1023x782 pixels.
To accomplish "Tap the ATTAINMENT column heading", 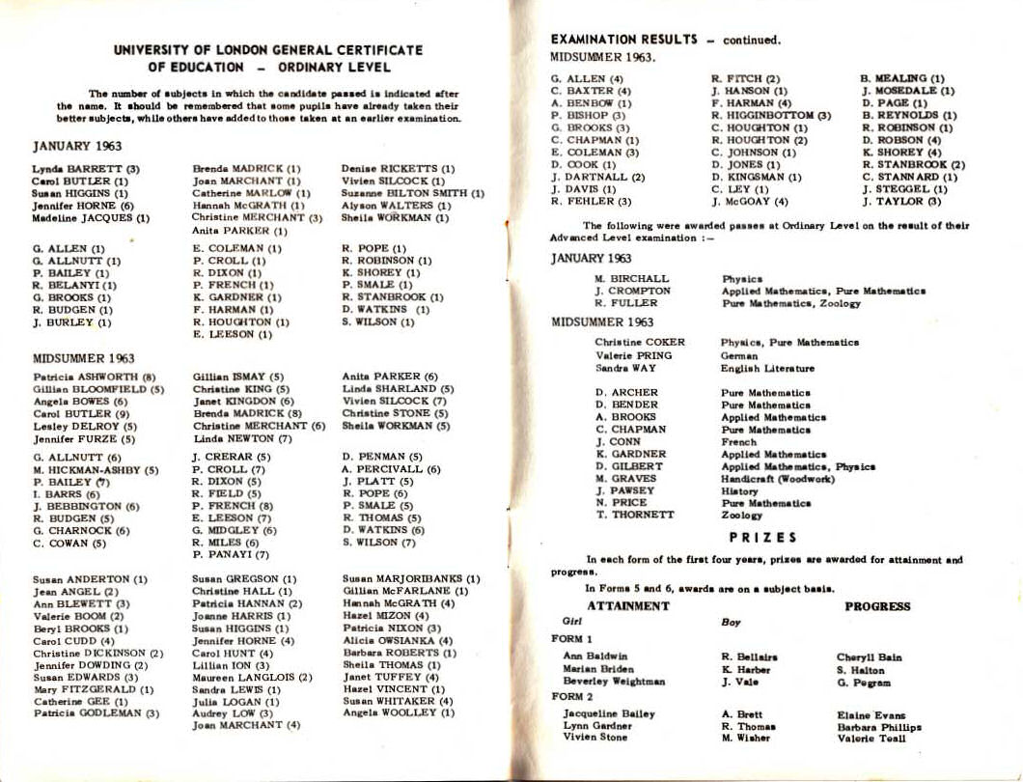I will click(x=627, y=606).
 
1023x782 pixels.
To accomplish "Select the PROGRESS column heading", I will click(x=877, y=606).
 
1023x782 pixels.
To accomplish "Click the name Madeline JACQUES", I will click(x=90, y=218).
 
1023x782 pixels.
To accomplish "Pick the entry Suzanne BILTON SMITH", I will click(x=412, y=193).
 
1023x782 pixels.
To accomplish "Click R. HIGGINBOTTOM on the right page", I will click(x=770, y=116).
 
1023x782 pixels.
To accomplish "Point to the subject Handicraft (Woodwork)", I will click(x=767, y=478).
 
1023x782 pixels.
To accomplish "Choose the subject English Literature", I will click(x=767, y=368).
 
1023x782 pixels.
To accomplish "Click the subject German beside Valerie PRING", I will click(x=739, y=355).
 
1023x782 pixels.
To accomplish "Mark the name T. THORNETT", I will click(x=634, y=515).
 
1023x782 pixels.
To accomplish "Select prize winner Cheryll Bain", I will click(x=869, y=657).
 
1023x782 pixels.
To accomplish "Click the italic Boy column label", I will click(x=731, y=623).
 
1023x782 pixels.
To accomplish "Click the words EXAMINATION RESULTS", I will click(x=623, y=40).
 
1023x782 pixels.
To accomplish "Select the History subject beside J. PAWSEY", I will click(x=739, y=490).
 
